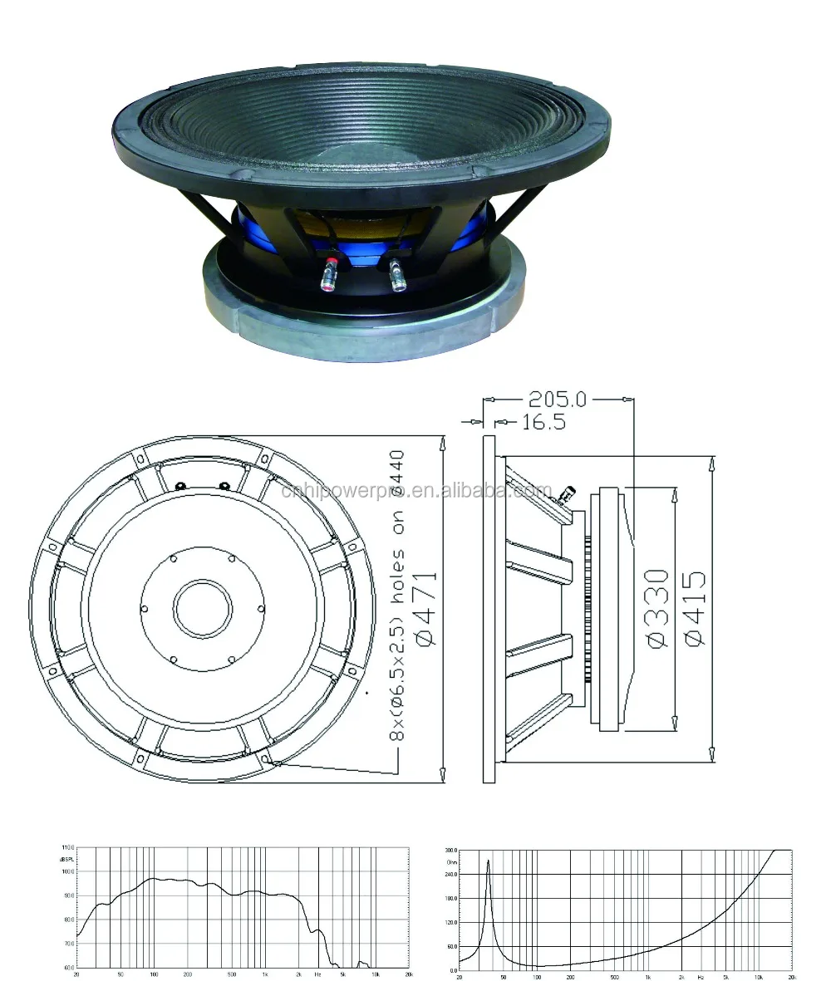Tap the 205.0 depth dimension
coord(558,400)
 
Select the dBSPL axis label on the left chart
coord(67,856)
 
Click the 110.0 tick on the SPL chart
coord(67,847)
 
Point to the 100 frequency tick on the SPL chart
coord(153,973)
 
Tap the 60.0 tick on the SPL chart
coord(67,969)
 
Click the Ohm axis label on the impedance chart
coord(451,861)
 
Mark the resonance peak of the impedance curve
coord(488,862)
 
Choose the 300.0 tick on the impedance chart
coord(450,851)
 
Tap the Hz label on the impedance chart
coord(701,974)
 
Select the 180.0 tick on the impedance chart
coord(450,898)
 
